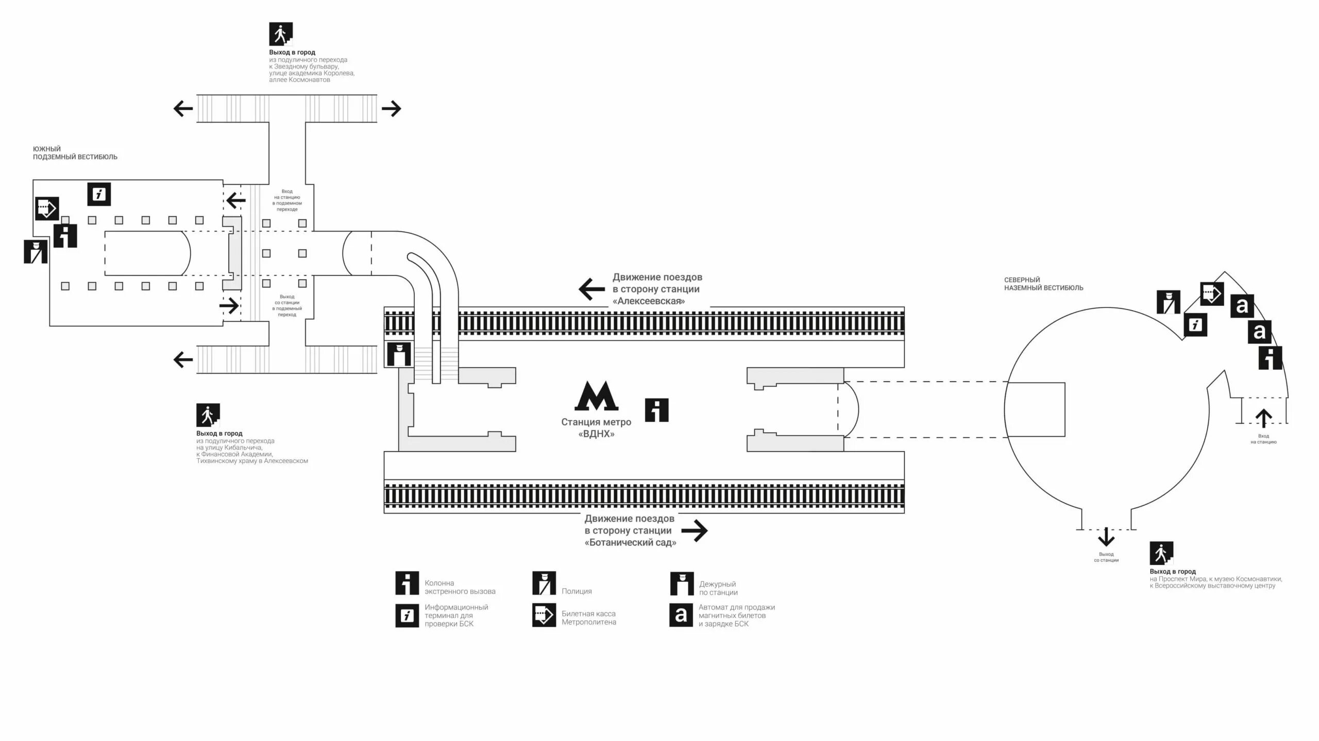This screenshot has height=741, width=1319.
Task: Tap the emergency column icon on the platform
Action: pos(656,410)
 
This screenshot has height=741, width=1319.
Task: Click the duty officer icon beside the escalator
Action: pos(399,354)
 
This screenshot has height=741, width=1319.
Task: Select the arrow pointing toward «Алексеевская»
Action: pos(591,289)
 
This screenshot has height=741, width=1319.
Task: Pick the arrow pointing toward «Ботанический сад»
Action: pos(695,530)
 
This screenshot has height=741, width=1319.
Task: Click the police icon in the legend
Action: pos(544,583)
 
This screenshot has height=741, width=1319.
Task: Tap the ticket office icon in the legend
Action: pos(544,615)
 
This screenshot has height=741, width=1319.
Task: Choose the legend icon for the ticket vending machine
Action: pos(681,615)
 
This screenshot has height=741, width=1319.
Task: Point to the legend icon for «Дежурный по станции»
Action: pos(682,583)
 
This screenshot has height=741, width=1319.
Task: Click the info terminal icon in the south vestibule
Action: pos(99,194)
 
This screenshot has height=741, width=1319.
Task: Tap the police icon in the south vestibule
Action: pos(36,251)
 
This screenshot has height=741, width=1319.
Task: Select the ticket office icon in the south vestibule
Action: pos(47,209)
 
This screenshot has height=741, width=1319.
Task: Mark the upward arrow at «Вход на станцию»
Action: pos(1263,418)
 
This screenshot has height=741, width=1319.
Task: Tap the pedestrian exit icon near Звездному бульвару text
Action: pos(281,34)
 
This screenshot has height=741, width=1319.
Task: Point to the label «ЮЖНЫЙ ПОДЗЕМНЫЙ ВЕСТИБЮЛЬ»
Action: pos(75,153)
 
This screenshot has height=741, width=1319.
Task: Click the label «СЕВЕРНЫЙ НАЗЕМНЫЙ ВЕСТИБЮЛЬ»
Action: pos(1043,284)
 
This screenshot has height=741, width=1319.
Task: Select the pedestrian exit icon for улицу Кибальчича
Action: pos(208,415)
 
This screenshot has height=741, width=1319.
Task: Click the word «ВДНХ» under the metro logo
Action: pos(596,434)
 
